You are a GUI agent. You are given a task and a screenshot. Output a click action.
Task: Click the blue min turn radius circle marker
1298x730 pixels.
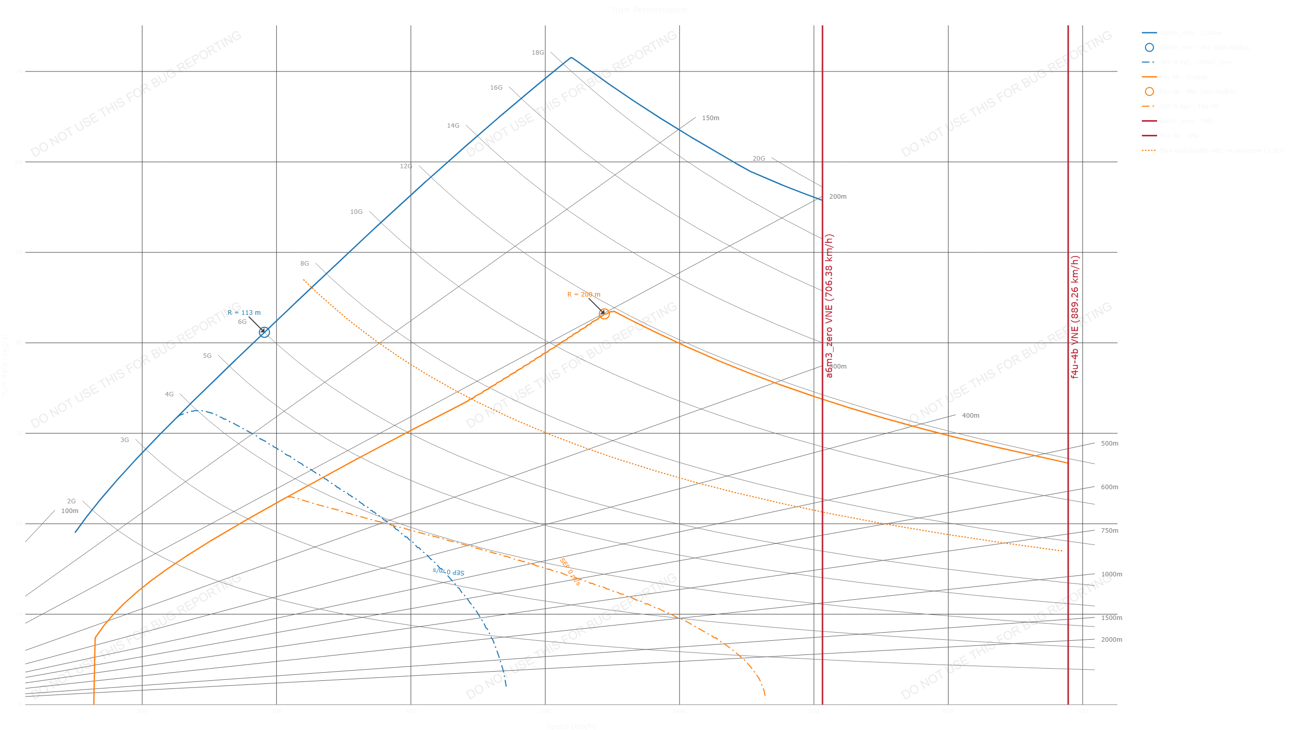(x=264, y=333)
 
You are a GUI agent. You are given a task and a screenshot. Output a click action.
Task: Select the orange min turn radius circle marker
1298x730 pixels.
(x=604, y=314)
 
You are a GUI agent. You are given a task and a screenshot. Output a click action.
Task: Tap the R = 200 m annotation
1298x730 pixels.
(x=583, y=295)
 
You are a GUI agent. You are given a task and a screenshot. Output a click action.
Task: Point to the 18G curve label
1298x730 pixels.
(x=537, y=53)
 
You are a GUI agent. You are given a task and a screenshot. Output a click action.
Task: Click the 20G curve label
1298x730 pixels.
(x=759, y=159)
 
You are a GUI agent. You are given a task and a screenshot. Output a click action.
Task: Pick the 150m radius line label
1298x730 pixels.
(x=710, y=118)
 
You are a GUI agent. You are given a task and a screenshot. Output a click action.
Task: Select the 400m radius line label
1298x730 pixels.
(x=970, y=416)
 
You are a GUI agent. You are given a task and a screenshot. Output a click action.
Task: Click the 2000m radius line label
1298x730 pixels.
(x=1111, y=640)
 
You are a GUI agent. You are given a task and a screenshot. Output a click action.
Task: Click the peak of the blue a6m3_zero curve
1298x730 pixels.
(x=571, y=57)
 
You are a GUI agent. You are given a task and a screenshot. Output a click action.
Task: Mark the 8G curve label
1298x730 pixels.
(x=304, y=264)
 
